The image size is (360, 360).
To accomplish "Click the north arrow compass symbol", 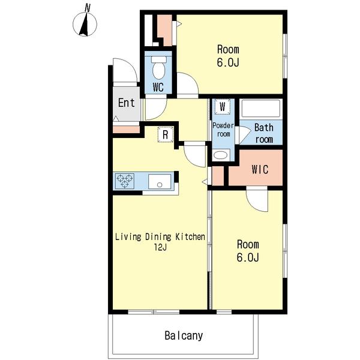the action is [x=85, y=25].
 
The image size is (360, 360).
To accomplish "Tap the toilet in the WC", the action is [x=158, y=67].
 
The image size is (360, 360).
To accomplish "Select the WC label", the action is [x=158, y=87].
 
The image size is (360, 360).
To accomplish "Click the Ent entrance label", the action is [x=126, y=103].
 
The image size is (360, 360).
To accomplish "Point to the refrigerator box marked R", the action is [x=166, y=134].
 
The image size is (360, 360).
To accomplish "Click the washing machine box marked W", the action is [x=222, y=107].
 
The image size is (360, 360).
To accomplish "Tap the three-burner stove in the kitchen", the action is [x=125, y=181].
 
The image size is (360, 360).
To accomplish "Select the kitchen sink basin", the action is [x=160, y=181].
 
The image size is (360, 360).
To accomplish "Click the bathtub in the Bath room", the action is [x=261, y=108].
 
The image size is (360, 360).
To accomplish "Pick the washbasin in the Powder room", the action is [x=221, y=155].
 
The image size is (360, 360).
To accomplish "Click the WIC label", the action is [x=260, y=169].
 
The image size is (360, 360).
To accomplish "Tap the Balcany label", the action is [x=184, y=335].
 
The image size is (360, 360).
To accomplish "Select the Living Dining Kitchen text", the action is [x=160, y=237].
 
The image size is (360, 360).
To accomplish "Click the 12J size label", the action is [x=160, y=247].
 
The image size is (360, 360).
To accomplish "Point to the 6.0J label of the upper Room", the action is [x=228, y=62].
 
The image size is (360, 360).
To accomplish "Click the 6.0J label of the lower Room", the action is [x=248, y=257].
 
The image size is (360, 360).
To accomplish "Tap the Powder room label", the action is [x=223, y=130].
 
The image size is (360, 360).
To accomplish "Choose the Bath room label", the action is [x=264, y=133].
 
